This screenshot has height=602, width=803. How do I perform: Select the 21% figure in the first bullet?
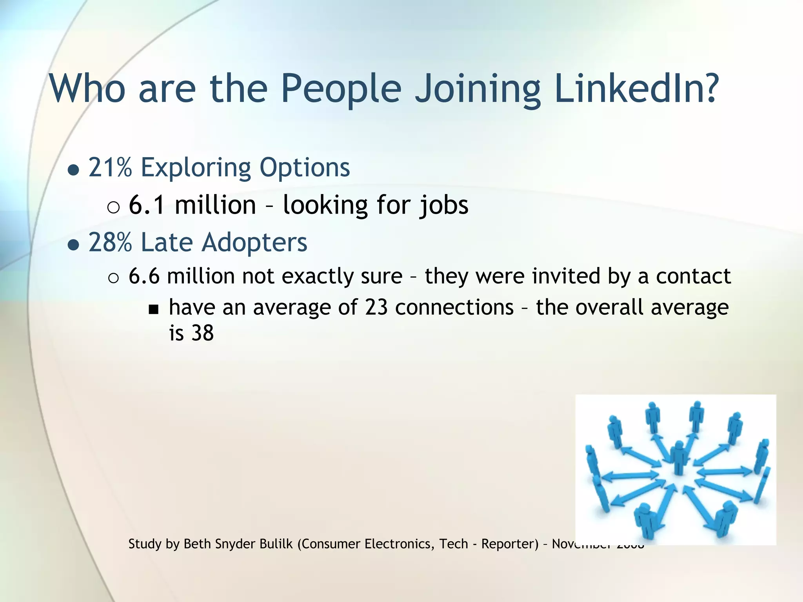pyautogui.click(x=110, y=168)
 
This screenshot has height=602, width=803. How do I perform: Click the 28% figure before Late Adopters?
pyautogui.click(x=110, y=242)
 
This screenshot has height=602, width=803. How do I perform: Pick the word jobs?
pyautogui.click(x=443, y=205)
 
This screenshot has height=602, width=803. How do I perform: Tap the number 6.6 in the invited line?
pyautogui.click(x=144, y=276)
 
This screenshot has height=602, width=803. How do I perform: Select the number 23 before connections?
pyautogui.click(x=376, y=307)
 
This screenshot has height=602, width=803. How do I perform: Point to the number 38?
pyautogui.click(x=202, y=333)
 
